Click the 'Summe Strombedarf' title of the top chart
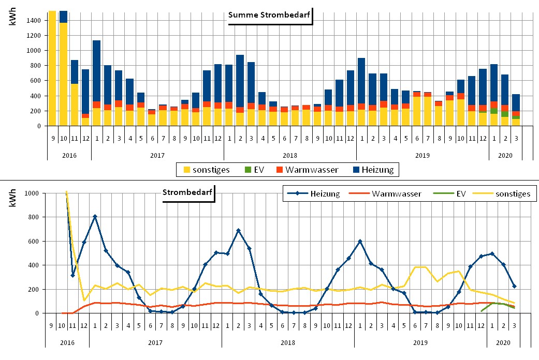269,14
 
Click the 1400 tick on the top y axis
34,20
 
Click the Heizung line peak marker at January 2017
95,216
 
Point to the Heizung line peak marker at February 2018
238,230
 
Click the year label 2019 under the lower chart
420,342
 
